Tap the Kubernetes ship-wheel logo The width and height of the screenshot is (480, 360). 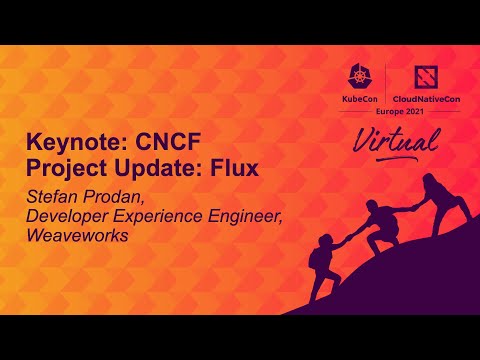pos(359,78)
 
